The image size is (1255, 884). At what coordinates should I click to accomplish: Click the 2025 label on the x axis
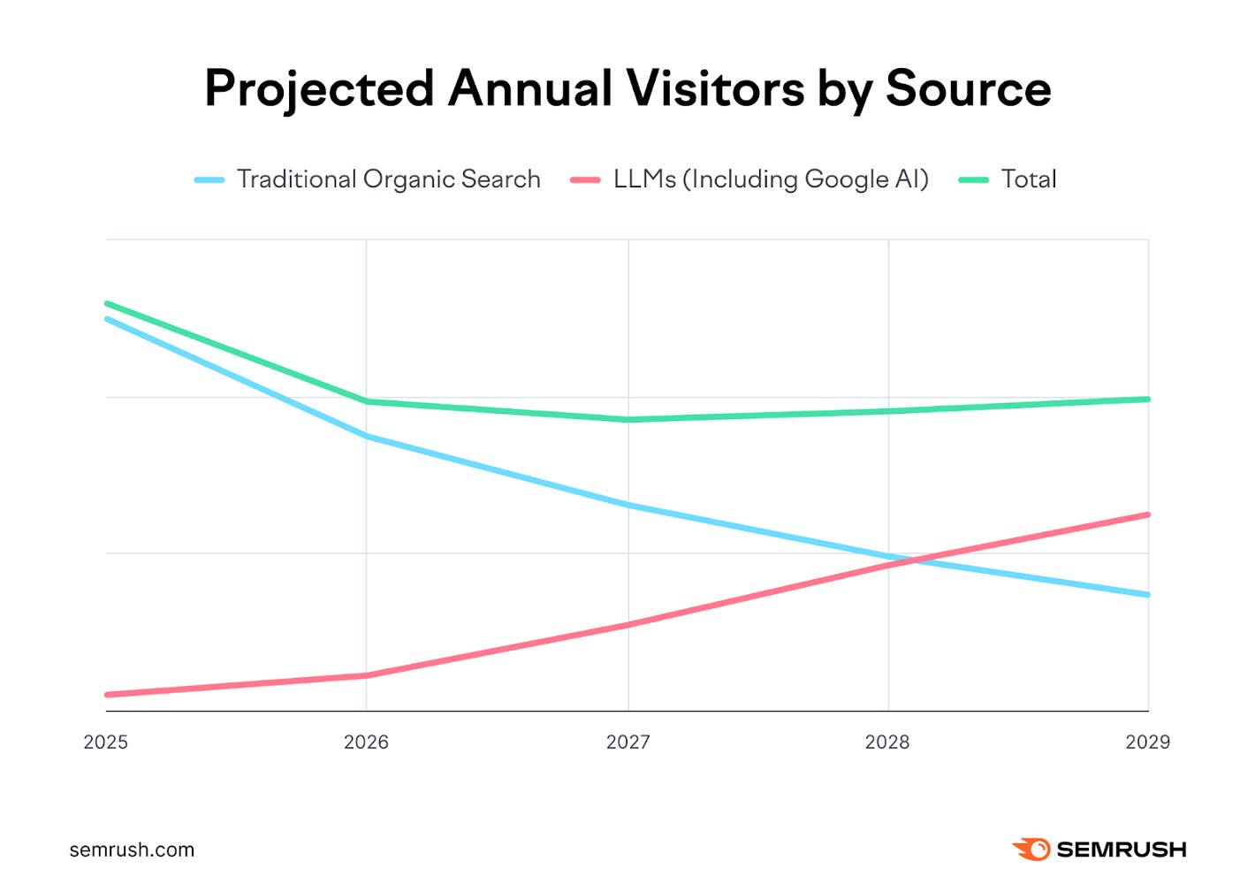[106, 742]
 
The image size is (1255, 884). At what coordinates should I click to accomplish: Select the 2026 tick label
[366, 742]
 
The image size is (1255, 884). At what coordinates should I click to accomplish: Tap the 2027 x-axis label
[627, 742]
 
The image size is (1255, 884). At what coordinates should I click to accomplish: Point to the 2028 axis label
[887, 742]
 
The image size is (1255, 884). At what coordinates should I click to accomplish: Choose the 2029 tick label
[1147, 742]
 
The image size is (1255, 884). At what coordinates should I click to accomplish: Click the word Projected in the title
[319, 88]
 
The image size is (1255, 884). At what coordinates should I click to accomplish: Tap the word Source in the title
[969, 88]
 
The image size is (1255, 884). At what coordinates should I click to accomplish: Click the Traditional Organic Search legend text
[388, 179]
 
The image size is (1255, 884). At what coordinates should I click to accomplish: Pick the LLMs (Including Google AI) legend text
[771, 179]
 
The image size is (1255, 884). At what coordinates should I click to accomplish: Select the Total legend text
[1029, 179]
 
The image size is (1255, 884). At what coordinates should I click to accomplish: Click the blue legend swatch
[209, 180]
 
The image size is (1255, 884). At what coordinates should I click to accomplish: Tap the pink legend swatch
[586, 180]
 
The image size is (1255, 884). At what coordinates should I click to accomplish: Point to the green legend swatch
[974, 180]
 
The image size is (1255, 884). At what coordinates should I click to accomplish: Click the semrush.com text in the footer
[132, 850]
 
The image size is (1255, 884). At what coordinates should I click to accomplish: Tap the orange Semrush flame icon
[1031, 850]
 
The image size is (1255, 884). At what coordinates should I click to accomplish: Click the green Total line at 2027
[627, 419]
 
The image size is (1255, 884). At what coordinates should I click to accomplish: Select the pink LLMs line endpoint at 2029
[1147, 514]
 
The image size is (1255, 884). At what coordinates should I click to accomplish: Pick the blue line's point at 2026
[366, 436]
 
